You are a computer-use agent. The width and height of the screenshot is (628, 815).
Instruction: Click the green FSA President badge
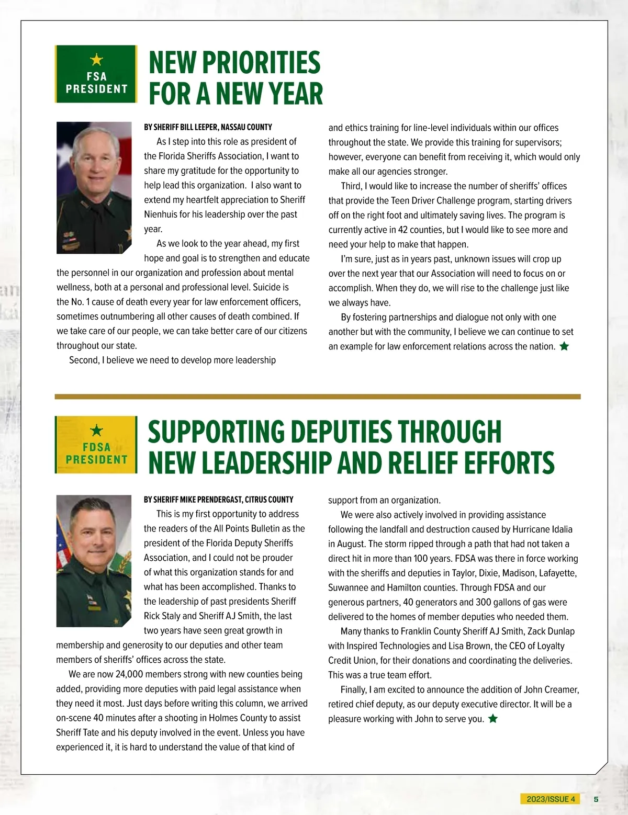(96, 74)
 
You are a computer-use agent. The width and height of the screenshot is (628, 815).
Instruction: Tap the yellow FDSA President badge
(96, 445)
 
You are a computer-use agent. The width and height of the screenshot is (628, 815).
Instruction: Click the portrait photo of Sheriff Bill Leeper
(94, 187)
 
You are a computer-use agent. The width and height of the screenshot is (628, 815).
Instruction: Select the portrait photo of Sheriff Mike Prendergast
(94, 560)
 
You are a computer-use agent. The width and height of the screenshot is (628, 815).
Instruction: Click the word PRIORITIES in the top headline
(261, 63)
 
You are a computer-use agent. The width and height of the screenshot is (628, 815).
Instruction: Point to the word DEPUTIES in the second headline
(341, 432)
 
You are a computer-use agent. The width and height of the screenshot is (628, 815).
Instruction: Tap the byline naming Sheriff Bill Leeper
(208, 127)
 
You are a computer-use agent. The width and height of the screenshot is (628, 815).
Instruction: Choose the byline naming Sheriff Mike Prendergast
(218, 500)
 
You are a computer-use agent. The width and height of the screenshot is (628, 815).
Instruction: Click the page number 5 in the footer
(596, 799)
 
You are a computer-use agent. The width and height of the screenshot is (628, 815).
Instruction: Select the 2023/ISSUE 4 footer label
(551, 799)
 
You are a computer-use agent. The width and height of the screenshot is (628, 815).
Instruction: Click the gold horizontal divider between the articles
(318, 397)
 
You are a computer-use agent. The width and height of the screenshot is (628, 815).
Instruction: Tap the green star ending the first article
(564, 346)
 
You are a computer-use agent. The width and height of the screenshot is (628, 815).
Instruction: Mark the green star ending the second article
(492, 719)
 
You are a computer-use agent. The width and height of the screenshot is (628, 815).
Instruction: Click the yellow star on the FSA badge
(96, 60)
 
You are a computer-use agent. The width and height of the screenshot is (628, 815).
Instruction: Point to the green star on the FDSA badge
(96, 431)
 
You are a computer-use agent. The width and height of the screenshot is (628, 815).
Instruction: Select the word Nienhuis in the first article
(162, 214)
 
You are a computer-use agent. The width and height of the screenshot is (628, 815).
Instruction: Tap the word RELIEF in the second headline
(425, 463)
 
